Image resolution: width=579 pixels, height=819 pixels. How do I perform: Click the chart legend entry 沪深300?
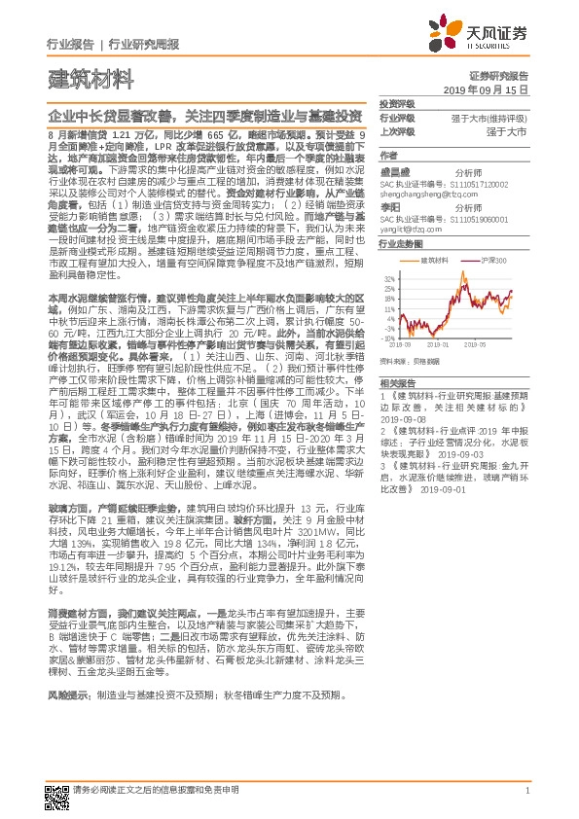coord(493,261)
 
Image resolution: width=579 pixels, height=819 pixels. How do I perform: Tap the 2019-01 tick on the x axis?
coord(445,343)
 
